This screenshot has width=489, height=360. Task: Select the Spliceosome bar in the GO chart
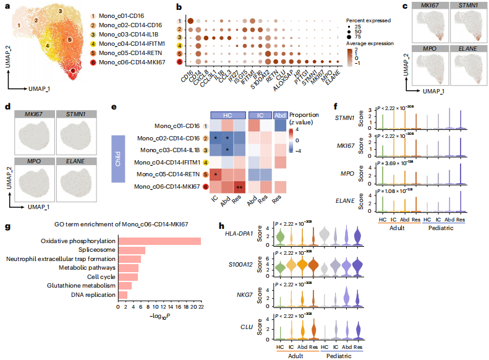click(132, 250)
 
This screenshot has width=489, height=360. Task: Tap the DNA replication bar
click(123, 295)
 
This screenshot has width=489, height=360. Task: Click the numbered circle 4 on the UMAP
click(48, 46)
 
